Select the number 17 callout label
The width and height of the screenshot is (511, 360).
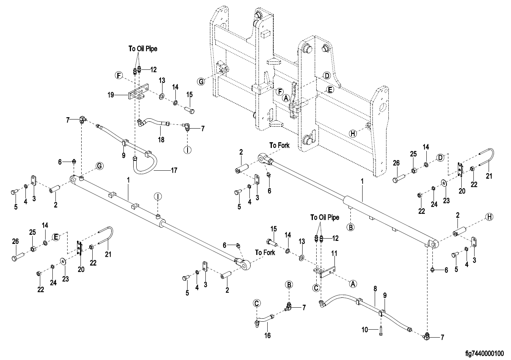pos(174,170)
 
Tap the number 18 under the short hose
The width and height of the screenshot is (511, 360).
pos(161,140)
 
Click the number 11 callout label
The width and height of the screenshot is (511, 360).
pos(334,253)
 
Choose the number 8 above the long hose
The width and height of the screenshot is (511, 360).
pos(375,289)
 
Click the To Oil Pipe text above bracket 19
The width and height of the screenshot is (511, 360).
pos(143,49)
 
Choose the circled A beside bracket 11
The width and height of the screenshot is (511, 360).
pos(353,283)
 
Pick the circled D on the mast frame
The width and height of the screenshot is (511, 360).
pos(326,75)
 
